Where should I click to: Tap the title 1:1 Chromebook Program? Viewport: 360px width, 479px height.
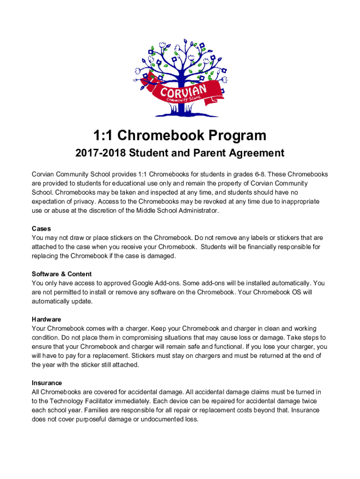[180, 136]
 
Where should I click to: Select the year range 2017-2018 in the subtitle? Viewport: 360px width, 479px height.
[101, 153]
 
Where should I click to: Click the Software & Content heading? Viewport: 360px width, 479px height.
[62, 274]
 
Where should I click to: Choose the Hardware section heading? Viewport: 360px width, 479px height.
[46, 319]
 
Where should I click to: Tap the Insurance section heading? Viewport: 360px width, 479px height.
[47, 383]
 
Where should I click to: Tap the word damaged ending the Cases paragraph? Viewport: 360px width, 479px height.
[161, 256]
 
